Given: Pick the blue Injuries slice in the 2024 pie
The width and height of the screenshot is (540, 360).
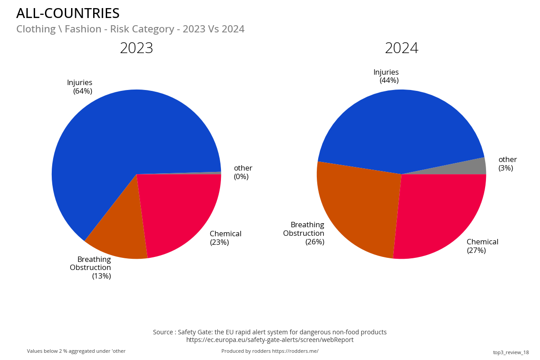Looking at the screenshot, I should pos(400,126).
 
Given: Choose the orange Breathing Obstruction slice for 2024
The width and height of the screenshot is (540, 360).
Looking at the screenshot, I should pos(355,207).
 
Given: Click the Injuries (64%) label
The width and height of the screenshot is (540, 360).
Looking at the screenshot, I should pos(80,87).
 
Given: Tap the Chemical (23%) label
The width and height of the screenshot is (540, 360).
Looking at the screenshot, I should pos(225,238).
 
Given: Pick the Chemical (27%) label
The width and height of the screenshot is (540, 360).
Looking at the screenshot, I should pos(482,246).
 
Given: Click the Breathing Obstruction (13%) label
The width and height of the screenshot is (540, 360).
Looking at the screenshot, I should pos(91,268).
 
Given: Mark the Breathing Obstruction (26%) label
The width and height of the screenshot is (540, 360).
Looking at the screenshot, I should pos(305,233).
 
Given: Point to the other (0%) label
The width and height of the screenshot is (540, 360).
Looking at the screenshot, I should pos(243,172).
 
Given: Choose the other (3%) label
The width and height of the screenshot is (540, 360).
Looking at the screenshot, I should pos(507,164).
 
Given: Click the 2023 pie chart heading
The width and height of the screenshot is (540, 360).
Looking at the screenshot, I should pos(136,48).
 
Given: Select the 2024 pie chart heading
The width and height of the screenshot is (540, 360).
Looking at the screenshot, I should pos(401,48).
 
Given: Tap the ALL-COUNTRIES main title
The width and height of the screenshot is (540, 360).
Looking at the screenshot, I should pos(68,13).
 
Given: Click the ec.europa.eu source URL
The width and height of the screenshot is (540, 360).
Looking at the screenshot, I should pos(270,340).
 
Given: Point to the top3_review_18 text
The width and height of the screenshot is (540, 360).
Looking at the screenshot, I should pos(511,352).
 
